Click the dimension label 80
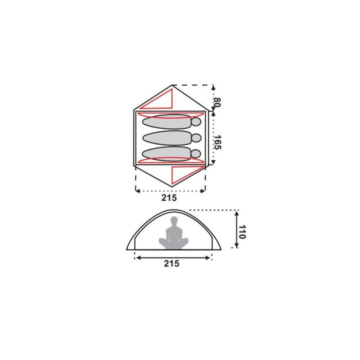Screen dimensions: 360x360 217,102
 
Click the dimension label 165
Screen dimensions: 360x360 217,142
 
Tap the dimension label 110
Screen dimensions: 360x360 242,232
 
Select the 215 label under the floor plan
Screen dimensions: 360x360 169,197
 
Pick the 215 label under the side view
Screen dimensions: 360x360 171,263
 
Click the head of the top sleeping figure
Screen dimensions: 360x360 196,121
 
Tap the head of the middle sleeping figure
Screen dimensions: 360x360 196,138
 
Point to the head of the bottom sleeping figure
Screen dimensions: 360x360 196,154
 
